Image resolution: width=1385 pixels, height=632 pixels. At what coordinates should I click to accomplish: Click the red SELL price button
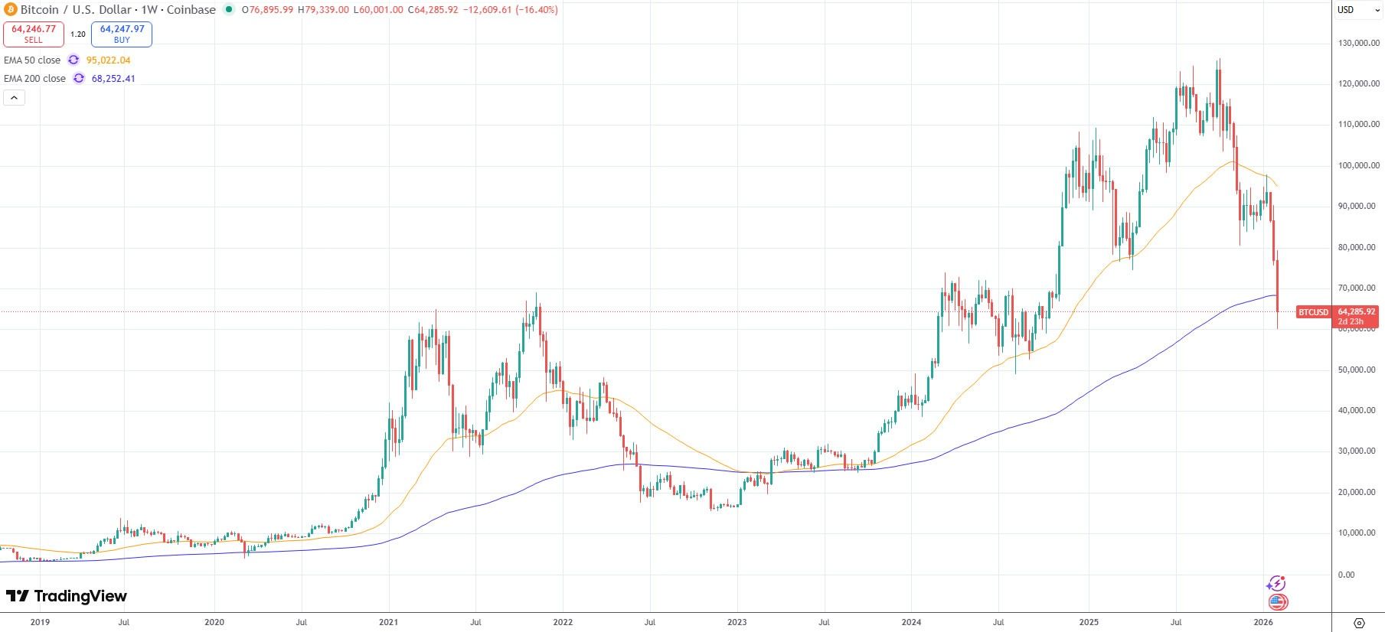34,34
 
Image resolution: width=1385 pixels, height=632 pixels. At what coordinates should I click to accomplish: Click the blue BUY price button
122,34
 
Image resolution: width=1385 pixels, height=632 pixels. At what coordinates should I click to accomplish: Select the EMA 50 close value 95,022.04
108,60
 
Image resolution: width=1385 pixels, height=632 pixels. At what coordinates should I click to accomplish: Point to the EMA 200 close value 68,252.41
113,78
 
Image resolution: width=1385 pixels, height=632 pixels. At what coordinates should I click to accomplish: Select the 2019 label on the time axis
40,622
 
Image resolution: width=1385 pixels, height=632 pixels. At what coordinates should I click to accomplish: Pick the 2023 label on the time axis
737,622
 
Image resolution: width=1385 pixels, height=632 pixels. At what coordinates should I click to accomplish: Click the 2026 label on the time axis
1263,622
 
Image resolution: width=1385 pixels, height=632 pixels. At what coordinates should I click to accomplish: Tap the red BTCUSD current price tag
1314,312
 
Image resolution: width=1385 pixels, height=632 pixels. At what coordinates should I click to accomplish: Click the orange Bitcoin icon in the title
10,10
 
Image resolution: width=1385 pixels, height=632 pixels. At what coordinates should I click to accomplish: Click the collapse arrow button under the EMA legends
15,97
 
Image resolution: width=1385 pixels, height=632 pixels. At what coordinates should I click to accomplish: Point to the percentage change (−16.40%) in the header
536,10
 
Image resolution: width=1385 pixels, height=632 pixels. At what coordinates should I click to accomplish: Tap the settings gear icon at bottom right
1359,622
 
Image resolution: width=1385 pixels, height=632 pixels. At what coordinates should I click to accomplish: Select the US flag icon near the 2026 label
1277,602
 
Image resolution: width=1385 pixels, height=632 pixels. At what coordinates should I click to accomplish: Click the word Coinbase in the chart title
191,10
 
